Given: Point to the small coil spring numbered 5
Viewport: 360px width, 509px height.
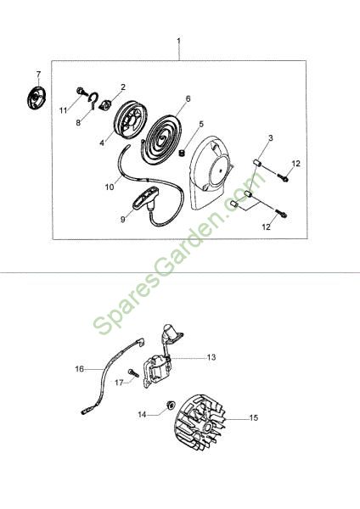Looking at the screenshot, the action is tap(183, 152).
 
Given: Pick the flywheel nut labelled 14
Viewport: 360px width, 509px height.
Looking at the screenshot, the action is tap(171, 405).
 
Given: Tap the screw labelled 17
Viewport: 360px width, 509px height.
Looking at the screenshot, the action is tap(133, 372).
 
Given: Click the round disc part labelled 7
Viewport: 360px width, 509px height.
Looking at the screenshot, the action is tap(37, 98).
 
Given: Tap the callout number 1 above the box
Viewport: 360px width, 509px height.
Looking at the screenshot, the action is tap(178, 42).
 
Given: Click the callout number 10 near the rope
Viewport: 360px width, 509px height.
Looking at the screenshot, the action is tap(110, 187).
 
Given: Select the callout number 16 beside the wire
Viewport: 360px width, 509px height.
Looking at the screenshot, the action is tap(80, 369).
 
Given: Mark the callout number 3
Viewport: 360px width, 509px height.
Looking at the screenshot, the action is tap(270, 138).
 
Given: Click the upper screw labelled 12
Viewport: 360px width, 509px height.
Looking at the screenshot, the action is tap(283, 177).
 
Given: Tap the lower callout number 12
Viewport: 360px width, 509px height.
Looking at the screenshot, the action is tap(266, 227).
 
